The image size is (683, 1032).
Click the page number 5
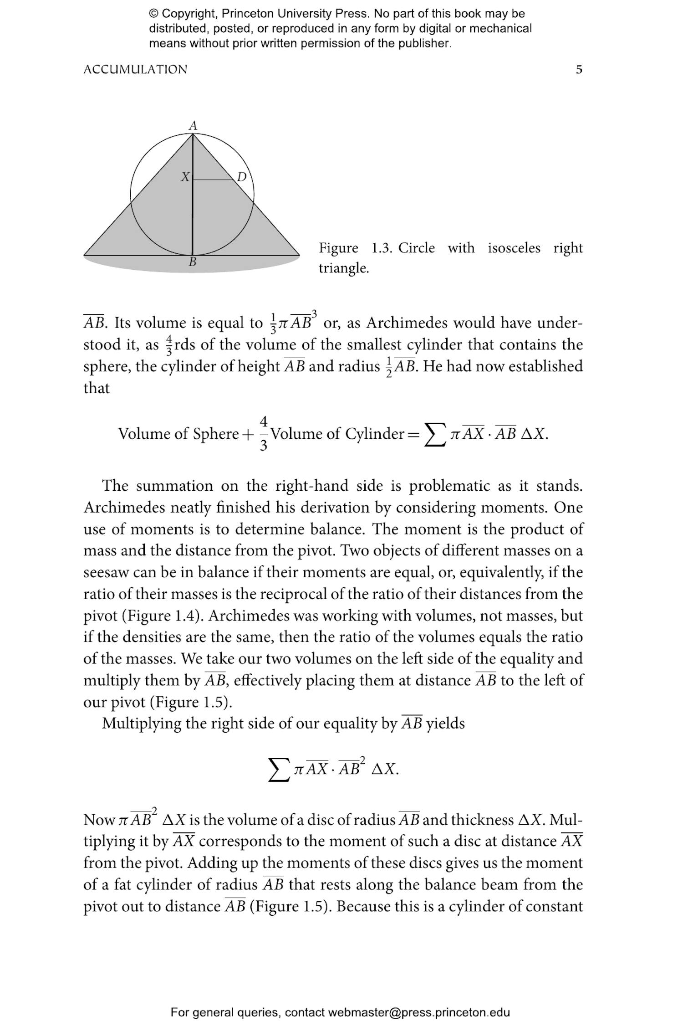579,70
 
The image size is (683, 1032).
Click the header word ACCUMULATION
135,70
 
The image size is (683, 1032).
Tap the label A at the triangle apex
193,125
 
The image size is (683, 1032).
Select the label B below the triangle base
192,262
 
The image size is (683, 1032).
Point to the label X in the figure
185,177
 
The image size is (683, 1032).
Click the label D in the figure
242,177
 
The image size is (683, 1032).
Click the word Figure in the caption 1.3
338,248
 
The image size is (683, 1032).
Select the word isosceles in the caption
514,248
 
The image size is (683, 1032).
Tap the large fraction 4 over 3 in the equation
264,433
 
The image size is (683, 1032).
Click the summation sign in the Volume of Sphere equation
435,434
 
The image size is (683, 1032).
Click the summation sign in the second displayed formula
279,770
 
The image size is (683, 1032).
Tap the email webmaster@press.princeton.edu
418,1012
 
